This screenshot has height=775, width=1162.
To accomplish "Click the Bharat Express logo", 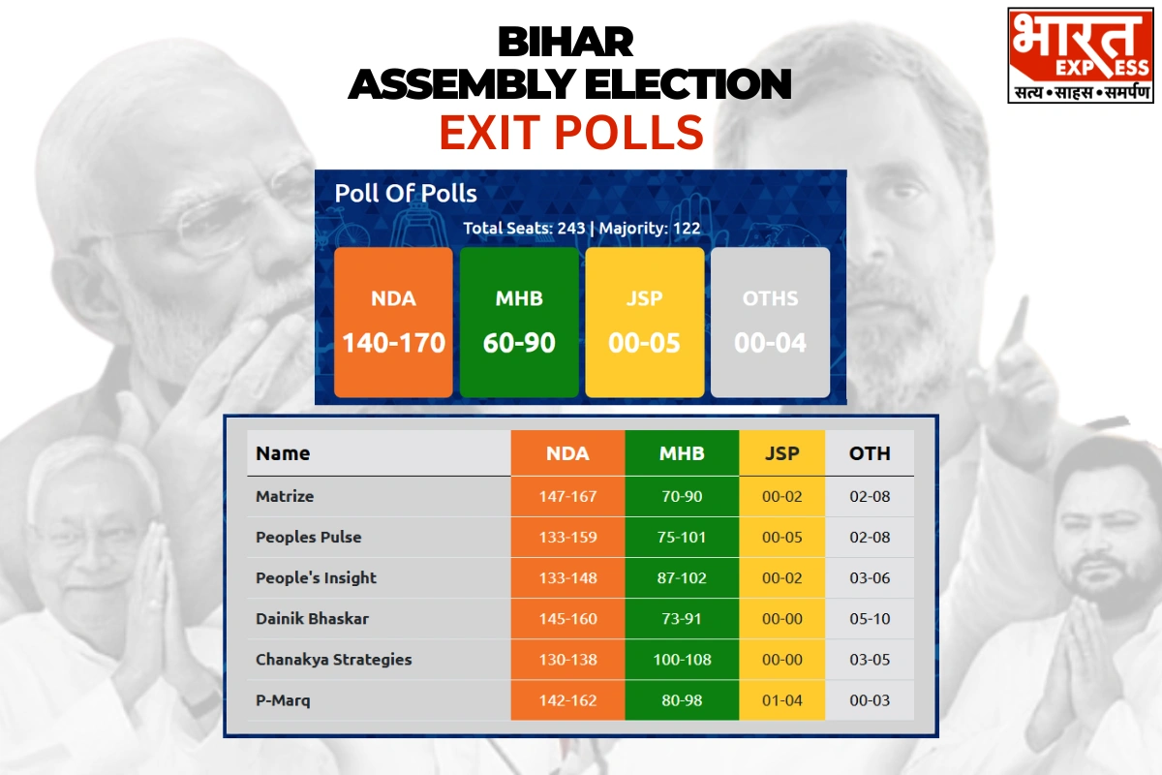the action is tap(1080, 55).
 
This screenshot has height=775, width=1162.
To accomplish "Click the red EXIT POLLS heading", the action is tap(571, 133).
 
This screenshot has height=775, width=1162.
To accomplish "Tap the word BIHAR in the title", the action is tap(566, 42).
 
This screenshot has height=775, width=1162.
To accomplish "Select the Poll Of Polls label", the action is tap(405, 194).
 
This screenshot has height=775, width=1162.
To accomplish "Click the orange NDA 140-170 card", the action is tap(393, 323).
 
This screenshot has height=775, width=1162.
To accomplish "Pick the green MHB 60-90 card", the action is tap(519, 323).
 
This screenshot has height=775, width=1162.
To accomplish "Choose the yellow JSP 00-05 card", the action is tap(644, 323).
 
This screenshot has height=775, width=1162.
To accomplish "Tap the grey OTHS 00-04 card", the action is tap(770, 323).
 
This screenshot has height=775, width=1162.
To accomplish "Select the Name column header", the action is tap(283, 453).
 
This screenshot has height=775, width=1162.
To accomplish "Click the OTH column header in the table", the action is tap(870, 453).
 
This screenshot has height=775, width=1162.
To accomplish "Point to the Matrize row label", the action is tap(285, 496).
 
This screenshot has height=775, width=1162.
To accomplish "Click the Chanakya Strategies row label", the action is tap(333, 660).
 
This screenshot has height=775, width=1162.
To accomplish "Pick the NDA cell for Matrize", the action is tap(567, 496).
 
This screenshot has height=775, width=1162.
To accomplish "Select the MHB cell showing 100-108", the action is tap(682, 660).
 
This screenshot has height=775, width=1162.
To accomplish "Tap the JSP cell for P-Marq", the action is tap(781, 700).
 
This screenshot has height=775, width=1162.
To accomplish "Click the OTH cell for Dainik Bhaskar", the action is tap(870, 619).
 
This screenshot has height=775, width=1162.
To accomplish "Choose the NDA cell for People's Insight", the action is tap(567, 577).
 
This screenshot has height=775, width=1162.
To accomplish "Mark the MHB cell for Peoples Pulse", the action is tap(682, 537).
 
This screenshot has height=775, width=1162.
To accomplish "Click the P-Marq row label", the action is tap(283, 700).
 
